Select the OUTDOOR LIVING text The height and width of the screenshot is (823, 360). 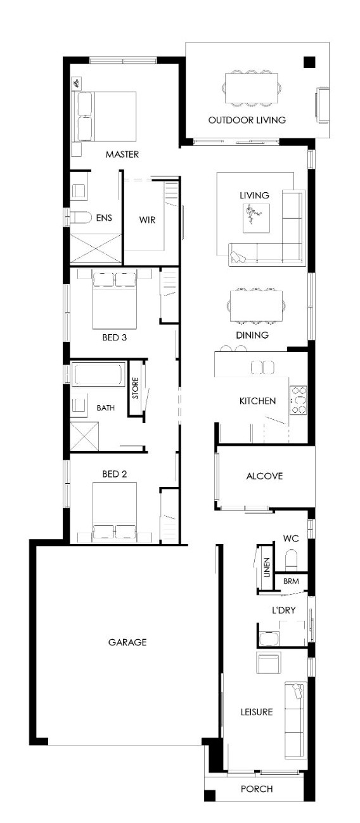(247, 120)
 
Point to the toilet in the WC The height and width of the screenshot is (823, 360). (291, 560)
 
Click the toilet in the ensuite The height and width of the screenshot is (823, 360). (80, 217)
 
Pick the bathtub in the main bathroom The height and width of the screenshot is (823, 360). (98, 374)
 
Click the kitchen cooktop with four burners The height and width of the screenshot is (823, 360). (298, 401)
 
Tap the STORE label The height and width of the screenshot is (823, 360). (136, 388)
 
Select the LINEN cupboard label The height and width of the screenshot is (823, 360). (267, 567)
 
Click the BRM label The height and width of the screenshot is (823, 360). (291, 581)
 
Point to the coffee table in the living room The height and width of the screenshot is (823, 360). (257, 218)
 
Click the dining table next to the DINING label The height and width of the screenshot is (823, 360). (257, 306)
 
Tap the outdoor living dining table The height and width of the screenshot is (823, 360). (251, 88)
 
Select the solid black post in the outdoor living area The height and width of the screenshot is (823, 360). (309, 62)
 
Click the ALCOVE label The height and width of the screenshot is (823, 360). (264, 476)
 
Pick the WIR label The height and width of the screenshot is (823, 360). (147, 220)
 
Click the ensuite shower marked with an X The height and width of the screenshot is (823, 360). (96, 249)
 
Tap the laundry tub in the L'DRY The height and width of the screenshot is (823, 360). (269, 638)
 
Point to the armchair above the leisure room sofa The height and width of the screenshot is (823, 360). (269, 663)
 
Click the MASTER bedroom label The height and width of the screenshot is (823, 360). (122, 154)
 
